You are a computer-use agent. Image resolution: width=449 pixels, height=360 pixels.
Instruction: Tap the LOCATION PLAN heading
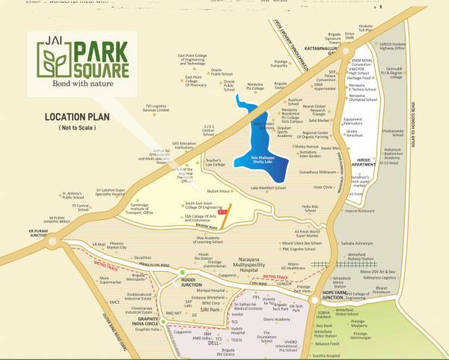(x=79, y=118)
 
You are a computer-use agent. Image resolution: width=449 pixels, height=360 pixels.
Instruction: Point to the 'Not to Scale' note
(x=79, y=129)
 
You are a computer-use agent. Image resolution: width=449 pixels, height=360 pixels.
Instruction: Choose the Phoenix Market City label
(x=121, y=245)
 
